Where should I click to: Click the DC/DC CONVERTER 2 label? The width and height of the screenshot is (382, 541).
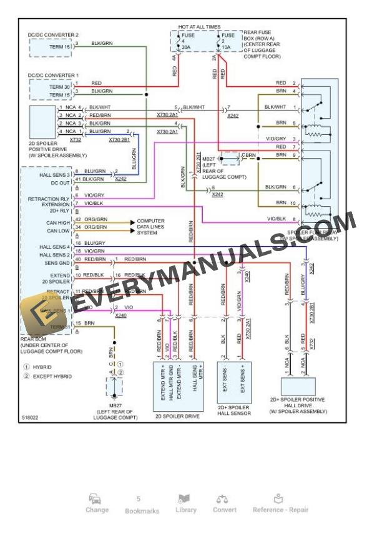[x=53, y=35]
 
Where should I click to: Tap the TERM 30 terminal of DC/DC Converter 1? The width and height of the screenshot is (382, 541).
[x=58, y=87]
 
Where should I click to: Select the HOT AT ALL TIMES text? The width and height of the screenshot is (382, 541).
[x=199, y=27]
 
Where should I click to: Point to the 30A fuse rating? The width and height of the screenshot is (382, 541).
[x=185, y=47]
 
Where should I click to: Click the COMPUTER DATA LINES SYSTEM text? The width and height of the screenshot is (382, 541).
[x=151, y=227]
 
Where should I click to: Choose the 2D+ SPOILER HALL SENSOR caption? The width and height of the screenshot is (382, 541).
[x=234, y=410]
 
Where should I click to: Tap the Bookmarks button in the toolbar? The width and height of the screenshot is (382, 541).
[x=142, y=505]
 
